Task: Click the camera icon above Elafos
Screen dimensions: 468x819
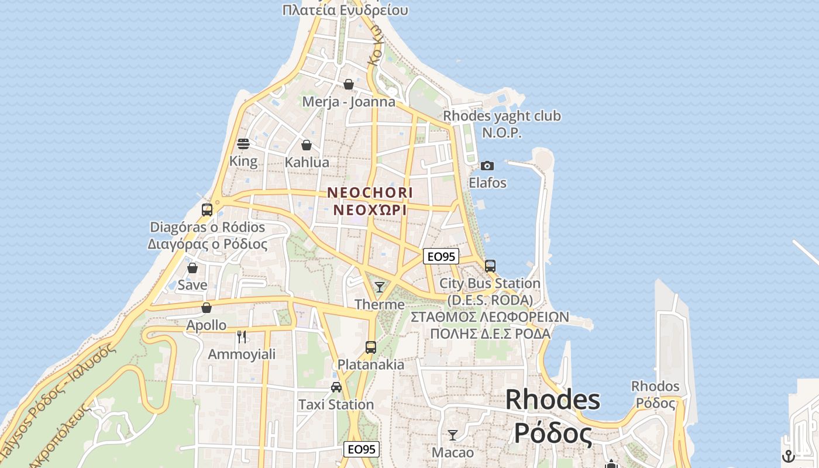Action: pos(487,166)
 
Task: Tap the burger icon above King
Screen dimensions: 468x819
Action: pos(243,143)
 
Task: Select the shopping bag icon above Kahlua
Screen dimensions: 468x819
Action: pos(307,145)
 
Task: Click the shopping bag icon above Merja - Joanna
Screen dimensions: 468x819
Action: pos(349,84)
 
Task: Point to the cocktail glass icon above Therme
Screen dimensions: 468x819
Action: pos(380,287)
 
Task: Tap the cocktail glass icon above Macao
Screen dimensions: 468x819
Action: pos(452,435)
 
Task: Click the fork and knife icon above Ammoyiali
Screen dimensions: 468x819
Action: pos(242,336)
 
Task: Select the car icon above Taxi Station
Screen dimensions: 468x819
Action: pos(336,387)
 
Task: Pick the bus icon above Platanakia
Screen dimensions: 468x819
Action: pos(371,347)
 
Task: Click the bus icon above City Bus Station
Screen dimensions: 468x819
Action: pos(490,266)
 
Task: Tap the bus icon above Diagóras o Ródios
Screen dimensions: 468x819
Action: pos(207,209)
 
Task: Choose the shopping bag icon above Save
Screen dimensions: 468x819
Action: pos(192,268)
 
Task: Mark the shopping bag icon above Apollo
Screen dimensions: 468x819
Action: pos(207,308)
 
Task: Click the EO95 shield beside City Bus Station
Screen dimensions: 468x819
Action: pos(441,256)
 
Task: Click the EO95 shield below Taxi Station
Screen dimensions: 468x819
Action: pos(361,449)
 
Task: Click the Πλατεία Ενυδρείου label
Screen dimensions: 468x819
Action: pos(345,10)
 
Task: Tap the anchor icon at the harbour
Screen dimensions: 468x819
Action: pos(789,456)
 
